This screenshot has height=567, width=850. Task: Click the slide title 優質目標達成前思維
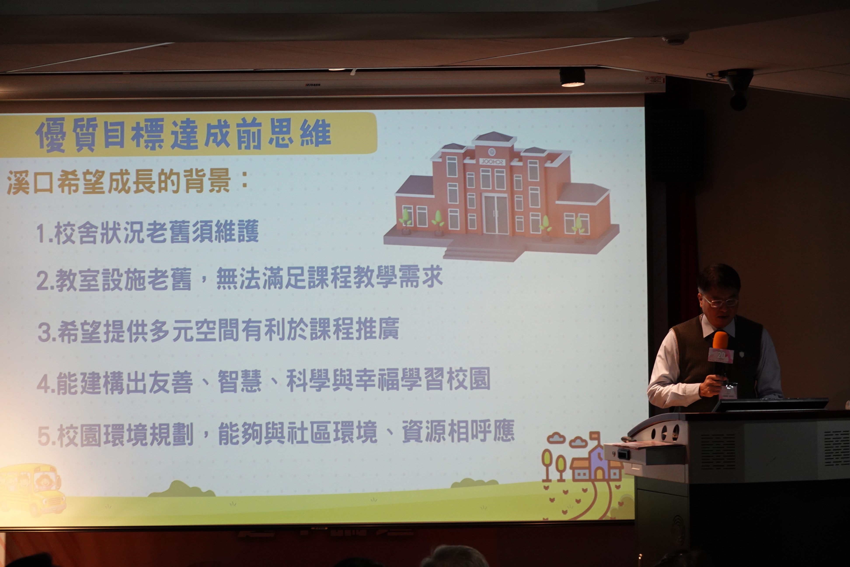pos(183,134)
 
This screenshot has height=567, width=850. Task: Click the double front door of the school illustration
pos(496,214)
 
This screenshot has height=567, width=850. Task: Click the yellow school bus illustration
pos(32,489)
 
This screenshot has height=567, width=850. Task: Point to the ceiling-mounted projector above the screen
pos(572,77)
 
